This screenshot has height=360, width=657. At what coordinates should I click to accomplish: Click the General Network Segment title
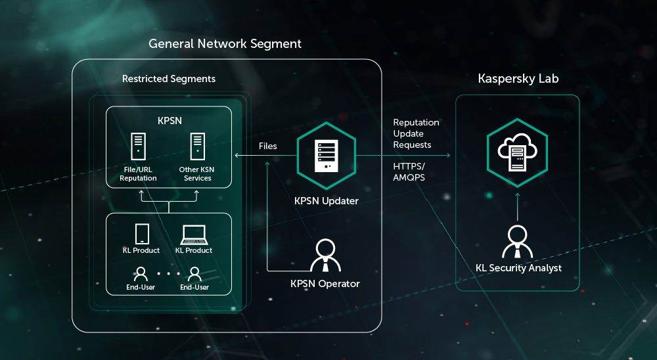tap(225, 44)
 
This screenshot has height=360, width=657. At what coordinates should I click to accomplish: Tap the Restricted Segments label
tap(169, 79)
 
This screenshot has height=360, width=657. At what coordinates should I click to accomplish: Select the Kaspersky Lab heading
tap(518, 79)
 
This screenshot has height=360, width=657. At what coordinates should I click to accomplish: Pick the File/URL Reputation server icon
tap(138, 147)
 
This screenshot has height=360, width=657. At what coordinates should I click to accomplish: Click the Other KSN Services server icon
tap(197, 147)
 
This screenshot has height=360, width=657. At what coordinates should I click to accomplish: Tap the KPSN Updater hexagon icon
tap(326, 156)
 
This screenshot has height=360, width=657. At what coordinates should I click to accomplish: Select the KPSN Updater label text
tap(327, 200)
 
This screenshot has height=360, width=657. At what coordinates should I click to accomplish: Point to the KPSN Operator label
tap(325, 284)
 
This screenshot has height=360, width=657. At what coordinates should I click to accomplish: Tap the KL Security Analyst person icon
tap(518, 242)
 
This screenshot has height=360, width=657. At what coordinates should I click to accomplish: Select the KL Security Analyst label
tap(518, 268)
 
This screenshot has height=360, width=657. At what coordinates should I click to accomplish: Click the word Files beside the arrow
tap(268, 146)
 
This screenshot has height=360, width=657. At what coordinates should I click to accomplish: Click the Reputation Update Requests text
tap(416, 133)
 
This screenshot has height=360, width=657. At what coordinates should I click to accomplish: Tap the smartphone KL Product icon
tap(141, 235)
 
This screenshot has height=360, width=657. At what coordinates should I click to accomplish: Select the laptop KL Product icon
tap(194, 235)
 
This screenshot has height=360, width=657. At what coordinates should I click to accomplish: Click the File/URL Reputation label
tap(138, 174)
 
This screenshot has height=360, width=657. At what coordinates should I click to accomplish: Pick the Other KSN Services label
tap(197, 174)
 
